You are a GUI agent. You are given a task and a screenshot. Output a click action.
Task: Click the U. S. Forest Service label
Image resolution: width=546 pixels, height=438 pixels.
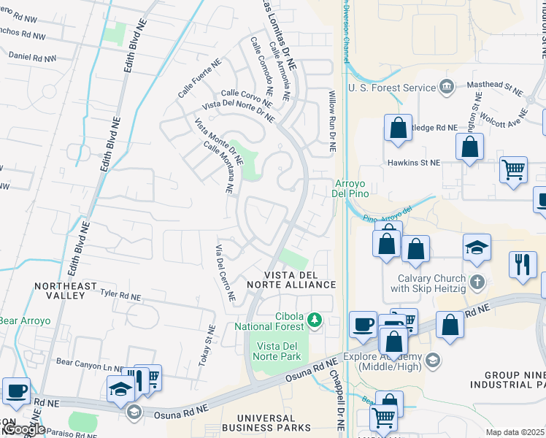click(391, 88)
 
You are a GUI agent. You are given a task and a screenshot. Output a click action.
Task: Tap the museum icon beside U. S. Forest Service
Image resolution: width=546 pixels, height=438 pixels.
click(447, 88)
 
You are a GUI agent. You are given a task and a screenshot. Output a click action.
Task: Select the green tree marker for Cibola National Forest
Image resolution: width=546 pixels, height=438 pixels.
click(315, 319)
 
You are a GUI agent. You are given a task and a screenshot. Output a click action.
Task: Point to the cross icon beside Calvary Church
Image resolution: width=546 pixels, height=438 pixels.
click(477, 281)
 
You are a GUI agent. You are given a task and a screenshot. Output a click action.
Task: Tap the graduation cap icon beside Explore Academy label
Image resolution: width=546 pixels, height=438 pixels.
click(433, 360)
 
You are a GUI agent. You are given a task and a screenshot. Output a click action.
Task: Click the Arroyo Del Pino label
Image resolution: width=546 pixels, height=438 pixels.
click(352, 188)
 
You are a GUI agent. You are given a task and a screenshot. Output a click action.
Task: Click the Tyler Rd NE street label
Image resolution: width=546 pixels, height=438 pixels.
click(120, 295)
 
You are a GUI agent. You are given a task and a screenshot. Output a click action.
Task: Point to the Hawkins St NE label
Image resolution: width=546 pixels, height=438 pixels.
click(414, 163)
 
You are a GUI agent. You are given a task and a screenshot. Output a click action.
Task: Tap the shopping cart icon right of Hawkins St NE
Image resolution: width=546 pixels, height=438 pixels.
click(514, 169)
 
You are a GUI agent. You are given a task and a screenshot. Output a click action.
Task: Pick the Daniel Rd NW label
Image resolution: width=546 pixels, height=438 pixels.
click(31, 55)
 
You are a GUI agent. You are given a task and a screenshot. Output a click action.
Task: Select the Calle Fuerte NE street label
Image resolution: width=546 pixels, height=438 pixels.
click(199, 80)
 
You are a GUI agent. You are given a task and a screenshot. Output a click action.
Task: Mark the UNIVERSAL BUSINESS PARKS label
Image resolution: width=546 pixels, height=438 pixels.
click(266, 423)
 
